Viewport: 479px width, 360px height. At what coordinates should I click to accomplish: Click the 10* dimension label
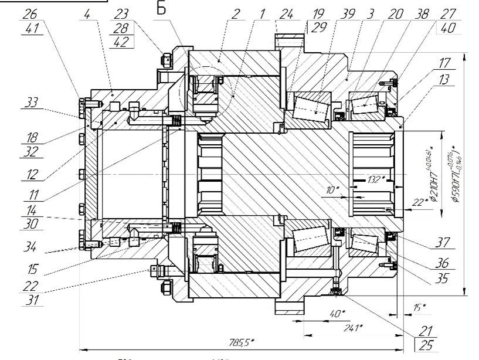pyautogui.click(x=333, y=190)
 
